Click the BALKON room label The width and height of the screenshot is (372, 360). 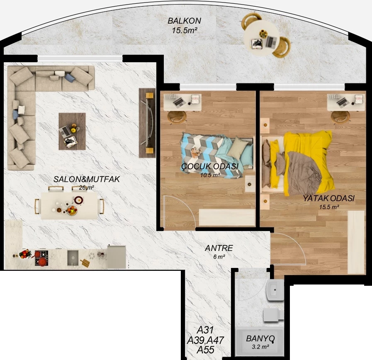click(184, 21)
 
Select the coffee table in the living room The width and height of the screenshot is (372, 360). click(72, 131)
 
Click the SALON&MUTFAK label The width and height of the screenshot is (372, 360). click(87, 179)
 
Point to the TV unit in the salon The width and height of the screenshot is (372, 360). click(147, 123)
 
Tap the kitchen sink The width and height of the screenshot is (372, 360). click(73, 258)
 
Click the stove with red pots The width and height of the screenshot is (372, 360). click(41, 258)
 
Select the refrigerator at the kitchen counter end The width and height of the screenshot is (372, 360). click(116, 257)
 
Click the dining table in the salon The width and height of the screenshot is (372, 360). click(69, 206)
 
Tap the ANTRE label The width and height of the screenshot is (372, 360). click(219, 248)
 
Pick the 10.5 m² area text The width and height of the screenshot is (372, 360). click(210, 175)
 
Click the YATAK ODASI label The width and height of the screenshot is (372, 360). click(328, 198)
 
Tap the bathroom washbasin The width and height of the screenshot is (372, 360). click(275, 290)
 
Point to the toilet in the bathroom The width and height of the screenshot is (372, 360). click(273, 315)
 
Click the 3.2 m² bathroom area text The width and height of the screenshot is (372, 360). click(260, 347)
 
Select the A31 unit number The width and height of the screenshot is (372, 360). click(205, 330)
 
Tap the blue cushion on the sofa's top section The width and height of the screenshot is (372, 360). click(70, 78)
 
